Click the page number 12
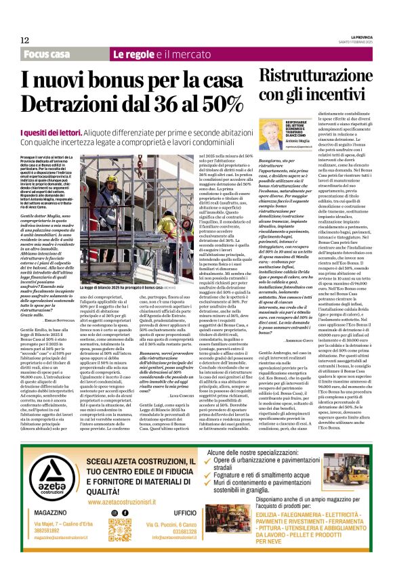coord(24,40)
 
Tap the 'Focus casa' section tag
coord(47,54)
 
